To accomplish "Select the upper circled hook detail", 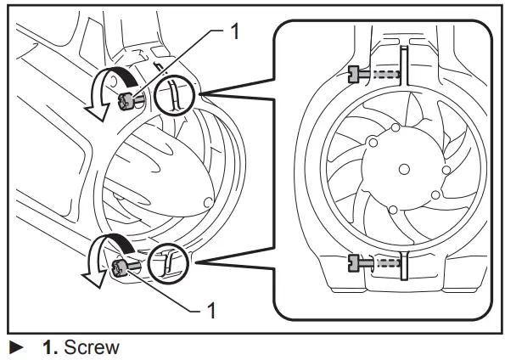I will [174, 96].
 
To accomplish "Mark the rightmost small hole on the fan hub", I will [446, 169].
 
